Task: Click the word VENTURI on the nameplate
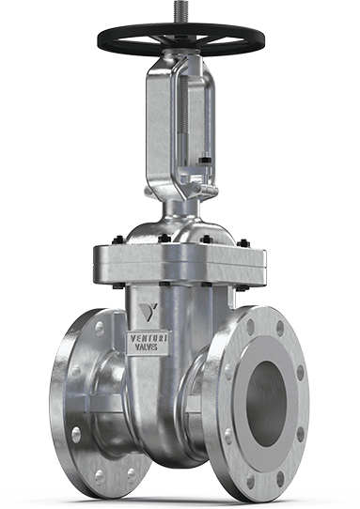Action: click(x=149, y=338)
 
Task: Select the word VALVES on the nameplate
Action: click(x=147, y=347)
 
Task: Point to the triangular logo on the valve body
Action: click(x=147, y=311)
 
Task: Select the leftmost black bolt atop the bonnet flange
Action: click(x=118, y=240)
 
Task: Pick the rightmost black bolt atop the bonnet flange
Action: click(x=243, y=243)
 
